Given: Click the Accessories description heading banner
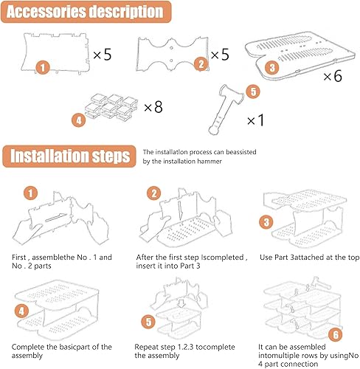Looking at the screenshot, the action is pos(86,12).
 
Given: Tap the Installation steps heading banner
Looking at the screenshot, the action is pos(69,156).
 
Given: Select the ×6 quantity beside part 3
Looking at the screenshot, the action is pos(333,76).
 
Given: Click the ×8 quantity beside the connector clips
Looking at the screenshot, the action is pos(153,107).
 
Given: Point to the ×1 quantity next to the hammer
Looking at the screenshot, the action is pos(255,120).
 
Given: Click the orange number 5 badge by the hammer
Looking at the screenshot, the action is pos(253,92).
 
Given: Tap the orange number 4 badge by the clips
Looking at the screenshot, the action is pos(79,120).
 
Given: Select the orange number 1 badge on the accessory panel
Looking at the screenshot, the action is pos(43,68).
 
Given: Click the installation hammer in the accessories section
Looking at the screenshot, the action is pos(225,109).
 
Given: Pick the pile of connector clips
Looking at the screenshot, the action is pos(111,107).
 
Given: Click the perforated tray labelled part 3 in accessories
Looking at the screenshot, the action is pos(300,55).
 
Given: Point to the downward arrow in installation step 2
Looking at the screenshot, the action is pos(180,211).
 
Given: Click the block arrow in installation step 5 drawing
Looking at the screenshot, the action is pos(181,303).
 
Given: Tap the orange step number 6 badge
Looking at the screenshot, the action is pos(336,334).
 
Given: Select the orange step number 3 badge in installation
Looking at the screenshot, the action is pos(266,222).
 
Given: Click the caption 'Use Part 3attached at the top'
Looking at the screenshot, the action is pos(309,258).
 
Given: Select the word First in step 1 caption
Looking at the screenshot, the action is pos(19,258).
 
